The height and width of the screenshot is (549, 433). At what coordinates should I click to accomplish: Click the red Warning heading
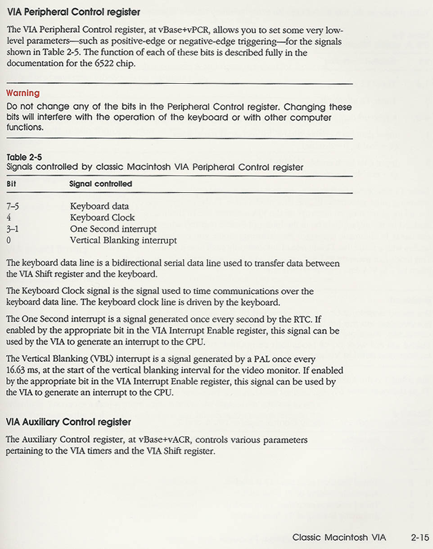click(x=23, y=93)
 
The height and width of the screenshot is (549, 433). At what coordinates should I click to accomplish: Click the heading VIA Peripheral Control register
click(x=74, y=12)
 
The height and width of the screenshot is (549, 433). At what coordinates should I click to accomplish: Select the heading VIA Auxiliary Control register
click(x=69, y=422)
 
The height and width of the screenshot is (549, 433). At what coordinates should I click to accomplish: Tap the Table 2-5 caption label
click(x=24, y=158)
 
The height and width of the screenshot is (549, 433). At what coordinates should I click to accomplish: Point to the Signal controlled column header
click(x=101, y=184)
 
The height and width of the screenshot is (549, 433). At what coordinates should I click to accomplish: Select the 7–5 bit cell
click(x=13, y=206)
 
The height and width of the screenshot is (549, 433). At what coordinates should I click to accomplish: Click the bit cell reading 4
click(x=9, y=218)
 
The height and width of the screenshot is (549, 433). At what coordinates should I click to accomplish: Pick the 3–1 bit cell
click(x=13, y=229)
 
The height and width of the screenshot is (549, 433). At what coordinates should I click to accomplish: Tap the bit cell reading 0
click(x=9, y=240)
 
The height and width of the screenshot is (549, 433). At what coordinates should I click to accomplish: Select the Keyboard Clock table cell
click(x=102, y=218)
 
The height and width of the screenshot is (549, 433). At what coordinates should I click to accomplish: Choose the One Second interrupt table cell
click(x=113, y=229)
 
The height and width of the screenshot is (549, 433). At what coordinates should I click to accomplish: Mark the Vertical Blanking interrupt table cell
click(x=123, y=240)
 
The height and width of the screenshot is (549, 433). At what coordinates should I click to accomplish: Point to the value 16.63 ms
click(x=23, y=370)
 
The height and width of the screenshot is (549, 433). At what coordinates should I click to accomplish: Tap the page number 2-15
click(x=420, y=537)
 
